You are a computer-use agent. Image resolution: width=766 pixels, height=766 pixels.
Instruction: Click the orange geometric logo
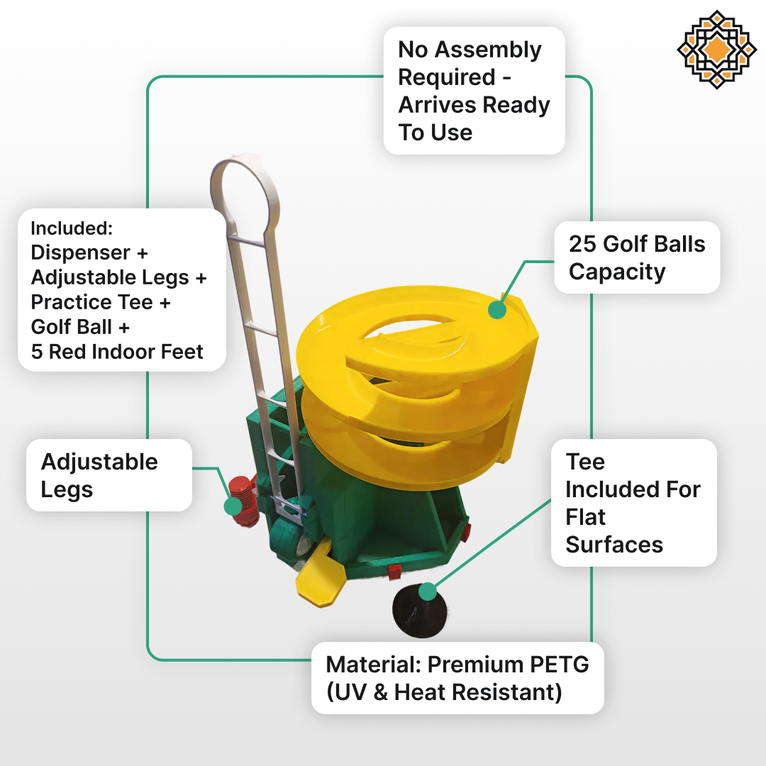pos(716,50)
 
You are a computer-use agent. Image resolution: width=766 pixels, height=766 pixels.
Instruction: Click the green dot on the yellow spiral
pos(496,310)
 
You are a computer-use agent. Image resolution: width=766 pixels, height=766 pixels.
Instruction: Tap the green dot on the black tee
pos(428,592)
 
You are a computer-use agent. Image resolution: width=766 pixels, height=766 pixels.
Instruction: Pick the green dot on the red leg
pos(233,506)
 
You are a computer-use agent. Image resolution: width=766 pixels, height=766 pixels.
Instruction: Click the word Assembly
pos(488,50)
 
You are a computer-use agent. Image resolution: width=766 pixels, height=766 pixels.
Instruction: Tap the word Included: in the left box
pos(72,228)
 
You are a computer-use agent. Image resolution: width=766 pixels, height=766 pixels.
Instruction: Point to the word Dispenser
pos(81,252)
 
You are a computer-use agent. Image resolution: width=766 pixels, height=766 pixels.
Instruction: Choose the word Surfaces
pos(614,545)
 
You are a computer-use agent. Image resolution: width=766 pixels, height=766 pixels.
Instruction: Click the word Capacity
pos(617,272)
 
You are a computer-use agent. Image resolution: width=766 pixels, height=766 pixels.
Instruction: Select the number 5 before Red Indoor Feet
pos(37,352)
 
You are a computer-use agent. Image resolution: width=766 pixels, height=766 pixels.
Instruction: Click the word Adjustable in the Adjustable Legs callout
pos(99,462)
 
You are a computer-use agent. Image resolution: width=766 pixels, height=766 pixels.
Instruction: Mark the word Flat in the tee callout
pos(585,517)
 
